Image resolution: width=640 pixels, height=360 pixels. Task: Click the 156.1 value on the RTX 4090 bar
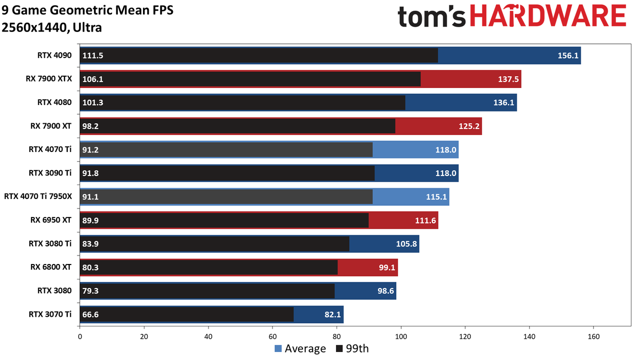coord(568,56)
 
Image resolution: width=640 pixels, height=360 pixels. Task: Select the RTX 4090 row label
coord(54,56)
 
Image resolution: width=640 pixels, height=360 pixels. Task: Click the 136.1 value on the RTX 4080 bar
coord(504,103)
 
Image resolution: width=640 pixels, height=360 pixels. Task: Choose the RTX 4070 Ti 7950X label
coord(38,197)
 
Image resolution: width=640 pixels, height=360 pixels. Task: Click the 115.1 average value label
coord(437,197)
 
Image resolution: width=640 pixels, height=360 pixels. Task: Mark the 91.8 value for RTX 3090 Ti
coord(91,173)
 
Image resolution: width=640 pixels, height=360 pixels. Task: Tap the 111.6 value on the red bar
coord(426,220)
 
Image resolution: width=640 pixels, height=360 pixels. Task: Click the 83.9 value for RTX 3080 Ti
coord(91,244)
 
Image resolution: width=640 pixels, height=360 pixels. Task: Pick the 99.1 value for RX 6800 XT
coord(387,267)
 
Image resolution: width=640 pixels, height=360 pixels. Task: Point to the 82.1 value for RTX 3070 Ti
coord(332,314)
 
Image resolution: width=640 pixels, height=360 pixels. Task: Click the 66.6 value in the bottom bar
coord(91,314)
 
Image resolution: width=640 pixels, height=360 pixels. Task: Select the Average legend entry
coord(300,349)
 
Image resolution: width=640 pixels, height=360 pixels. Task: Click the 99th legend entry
coord(353,349)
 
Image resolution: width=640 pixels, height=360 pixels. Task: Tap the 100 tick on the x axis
coord(401,337)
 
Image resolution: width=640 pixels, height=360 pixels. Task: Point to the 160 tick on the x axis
coord(594,337)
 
